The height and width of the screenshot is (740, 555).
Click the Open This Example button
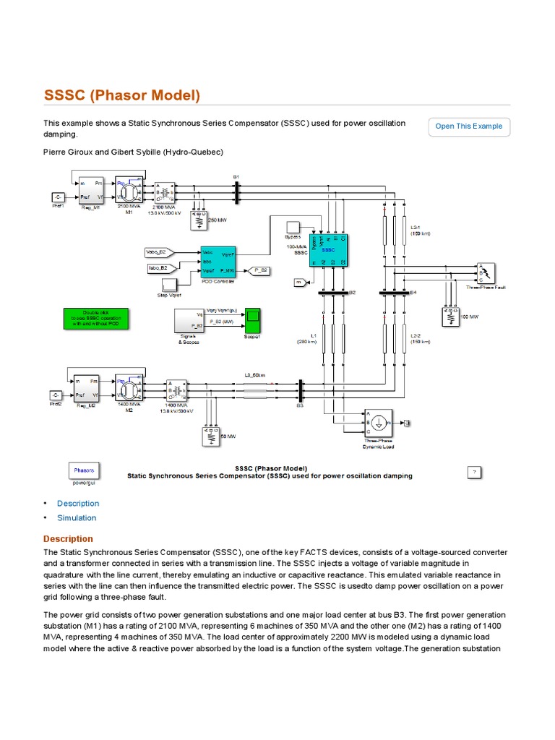tap(468, 126)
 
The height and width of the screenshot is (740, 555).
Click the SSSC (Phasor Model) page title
tap(122, 96)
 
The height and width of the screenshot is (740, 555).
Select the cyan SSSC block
tap(329, 249)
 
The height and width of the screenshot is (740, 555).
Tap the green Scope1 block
tap(252, 318)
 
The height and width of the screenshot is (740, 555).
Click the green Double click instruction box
tap(97, 319)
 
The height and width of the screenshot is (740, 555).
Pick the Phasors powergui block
tap(84, 470)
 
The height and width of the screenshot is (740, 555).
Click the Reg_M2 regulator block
tap(85, 389)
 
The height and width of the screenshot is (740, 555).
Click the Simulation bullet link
tap(77, 517)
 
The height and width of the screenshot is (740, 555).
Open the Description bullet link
tap(78, 503)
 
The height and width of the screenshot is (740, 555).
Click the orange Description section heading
tap(68, 538)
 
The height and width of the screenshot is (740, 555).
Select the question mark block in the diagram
tap(474, 472)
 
